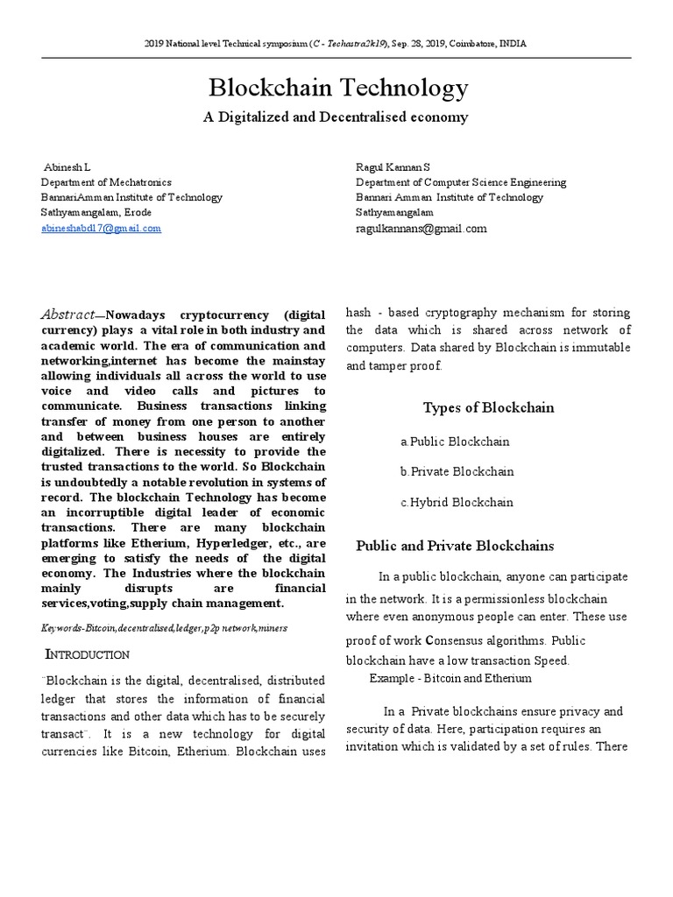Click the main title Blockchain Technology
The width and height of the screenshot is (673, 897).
[x=337, y=88]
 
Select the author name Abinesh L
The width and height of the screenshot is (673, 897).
[x=67, y=166]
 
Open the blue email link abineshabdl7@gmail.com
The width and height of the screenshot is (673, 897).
[x=102, y=228]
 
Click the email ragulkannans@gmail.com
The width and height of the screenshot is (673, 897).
[x=421, y=229]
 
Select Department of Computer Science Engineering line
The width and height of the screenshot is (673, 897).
[x=460, y=182]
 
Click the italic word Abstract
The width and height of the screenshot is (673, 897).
[x=67, y=314]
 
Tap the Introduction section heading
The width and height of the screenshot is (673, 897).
[x=88, y=654]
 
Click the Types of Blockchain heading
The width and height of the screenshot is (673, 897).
[x=488, y=407]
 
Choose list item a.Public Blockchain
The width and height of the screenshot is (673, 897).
[x=455, y=441]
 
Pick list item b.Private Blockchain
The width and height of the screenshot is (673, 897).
[x=457, y=471]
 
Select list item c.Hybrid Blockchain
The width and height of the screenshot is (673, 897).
[x=457, y=502]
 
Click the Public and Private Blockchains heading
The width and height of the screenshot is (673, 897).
[x=455, y=546]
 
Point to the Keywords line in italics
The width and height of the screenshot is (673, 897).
[x=164, y=628]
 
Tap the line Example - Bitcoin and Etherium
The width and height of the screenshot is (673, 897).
[x=450, y=678]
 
